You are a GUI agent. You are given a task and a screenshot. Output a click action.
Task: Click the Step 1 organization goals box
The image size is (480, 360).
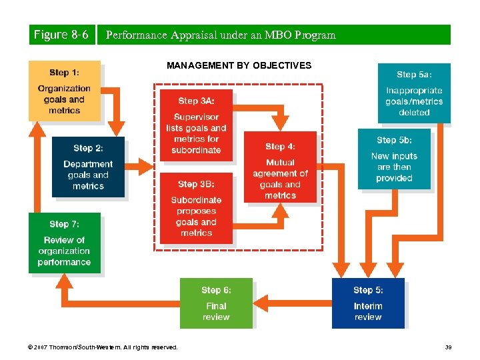tap(64, 91)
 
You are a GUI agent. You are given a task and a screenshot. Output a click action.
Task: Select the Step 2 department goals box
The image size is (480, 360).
tap(88, 166)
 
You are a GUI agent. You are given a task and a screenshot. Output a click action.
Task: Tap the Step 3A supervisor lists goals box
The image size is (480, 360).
tap(196, 123)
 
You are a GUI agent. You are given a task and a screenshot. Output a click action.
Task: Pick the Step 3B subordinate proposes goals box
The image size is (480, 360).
tap(196, 207)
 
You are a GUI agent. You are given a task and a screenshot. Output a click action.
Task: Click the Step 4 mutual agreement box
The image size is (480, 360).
tap(279, 166)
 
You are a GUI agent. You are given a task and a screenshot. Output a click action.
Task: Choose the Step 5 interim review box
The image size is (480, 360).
tap(368, 302)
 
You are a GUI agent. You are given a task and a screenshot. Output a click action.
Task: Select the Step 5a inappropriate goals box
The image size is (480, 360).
tap(414, 93)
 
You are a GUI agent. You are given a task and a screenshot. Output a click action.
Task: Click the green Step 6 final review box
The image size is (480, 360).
tap(216, 302)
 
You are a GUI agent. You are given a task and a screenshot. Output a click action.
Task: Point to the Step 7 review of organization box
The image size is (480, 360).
tap(64, 243)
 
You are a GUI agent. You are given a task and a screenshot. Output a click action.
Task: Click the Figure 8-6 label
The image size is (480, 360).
tap(61, 35)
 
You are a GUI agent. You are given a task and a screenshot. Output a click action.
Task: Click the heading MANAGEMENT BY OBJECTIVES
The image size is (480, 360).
tap(239, 65)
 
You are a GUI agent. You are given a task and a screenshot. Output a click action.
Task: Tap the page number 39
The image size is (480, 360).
tap(448, 347)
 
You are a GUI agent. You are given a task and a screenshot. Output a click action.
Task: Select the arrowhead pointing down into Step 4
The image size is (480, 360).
tap(281, 121)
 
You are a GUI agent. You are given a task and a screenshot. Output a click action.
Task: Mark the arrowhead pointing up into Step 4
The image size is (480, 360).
tap(281, 211)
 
